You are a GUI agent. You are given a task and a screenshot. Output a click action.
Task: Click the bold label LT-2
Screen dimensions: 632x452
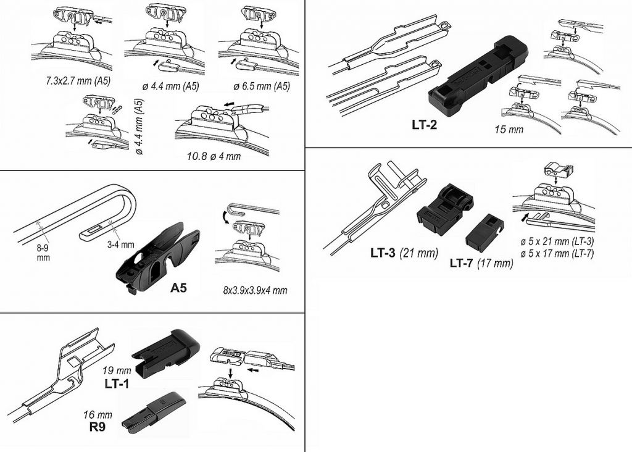pos(424,125)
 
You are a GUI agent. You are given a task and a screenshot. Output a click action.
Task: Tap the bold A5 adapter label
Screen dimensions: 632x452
pos(178,288)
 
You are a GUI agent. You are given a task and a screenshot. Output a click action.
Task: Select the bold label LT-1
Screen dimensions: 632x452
pos(117,383)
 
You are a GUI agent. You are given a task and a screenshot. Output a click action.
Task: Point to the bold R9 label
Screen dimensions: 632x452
pos(97,427)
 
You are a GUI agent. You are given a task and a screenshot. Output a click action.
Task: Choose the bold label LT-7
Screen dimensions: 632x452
pos(462,263)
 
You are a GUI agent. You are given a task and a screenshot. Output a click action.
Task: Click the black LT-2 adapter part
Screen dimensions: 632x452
pos(478,75)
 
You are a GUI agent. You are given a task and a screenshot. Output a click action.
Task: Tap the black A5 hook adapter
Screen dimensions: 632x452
pos(157,257)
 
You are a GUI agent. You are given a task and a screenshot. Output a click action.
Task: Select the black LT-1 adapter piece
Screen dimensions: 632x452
pos(165,353)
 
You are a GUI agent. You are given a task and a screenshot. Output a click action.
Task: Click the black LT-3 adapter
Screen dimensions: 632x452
pos(445,210)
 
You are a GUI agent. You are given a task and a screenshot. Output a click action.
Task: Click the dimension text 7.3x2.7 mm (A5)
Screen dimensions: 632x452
pos(78,81)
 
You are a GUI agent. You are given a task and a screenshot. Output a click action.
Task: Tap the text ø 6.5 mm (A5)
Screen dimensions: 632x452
pos(262,86)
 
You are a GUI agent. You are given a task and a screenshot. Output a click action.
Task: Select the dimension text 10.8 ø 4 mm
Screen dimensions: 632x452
pos(214,156)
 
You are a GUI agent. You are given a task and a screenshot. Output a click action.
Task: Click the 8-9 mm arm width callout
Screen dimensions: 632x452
pos(43,253)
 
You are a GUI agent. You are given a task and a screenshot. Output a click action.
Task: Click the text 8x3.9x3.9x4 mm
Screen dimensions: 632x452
pos(255,290)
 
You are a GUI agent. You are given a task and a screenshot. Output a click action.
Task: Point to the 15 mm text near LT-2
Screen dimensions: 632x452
pos(509,130)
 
